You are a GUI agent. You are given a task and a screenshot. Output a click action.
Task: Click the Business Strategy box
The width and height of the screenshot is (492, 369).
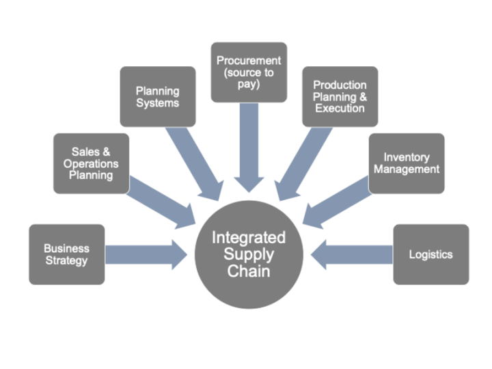tap(66, 254)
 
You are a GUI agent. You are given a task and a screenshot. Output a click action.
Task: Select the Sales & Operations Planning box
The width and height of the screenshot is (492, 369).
tap(91, 163)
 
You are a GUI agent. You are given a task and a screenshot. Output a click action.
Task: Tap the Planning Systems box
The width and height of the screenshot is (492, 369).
tap(157, 96)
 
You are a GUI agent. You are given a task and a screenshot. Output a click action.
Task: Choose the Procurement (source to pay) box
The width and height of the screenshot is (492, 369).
tap(248, 72)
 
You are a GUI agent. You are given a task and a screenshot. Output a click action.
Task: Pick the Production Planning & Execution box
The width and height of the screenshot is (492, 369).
tap(340, 96)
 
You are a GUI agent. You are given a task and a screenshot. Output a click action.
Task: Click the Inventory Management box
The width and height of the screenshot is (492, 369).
tap(407, 163)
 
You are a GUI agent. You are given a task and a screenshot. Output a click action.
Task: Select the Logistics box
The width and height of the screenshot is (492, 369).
tap(430, 254)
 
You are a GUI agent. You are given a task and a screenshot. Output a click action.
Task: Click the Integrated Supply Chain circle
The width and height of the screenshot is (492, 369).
tap(248, 254)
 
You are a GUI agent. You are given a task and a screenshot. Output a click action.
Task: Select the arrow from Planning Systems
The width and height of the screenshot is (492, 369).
tap(198, 161)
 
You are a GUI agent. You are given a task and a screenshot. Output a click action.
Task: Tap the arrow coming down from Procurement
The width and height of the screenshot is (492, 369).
tap(249, 143)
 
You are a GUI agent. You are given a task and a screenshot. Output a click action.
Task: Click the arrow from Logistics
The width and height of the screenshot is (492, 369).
tap(352, 254)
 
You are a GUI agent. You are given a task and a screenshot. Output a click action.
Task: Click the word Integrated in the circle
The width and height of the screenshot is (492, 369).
tap(248, 238)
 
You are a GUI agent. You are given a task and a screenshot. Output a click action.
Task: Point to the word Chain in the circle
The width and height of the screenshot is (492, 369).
tap(249, 271)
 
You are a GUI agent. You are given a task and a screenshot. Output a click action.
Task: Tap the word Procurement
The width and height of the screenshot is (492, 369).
tap(249, 61)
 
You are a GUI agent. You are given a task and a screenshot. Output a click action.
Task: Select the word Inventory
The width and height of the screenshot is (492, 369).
tap(406, 157)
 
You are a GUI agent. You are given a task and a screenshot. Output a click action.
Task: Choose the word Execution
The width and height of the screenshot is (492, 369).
tap(340, 108)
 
